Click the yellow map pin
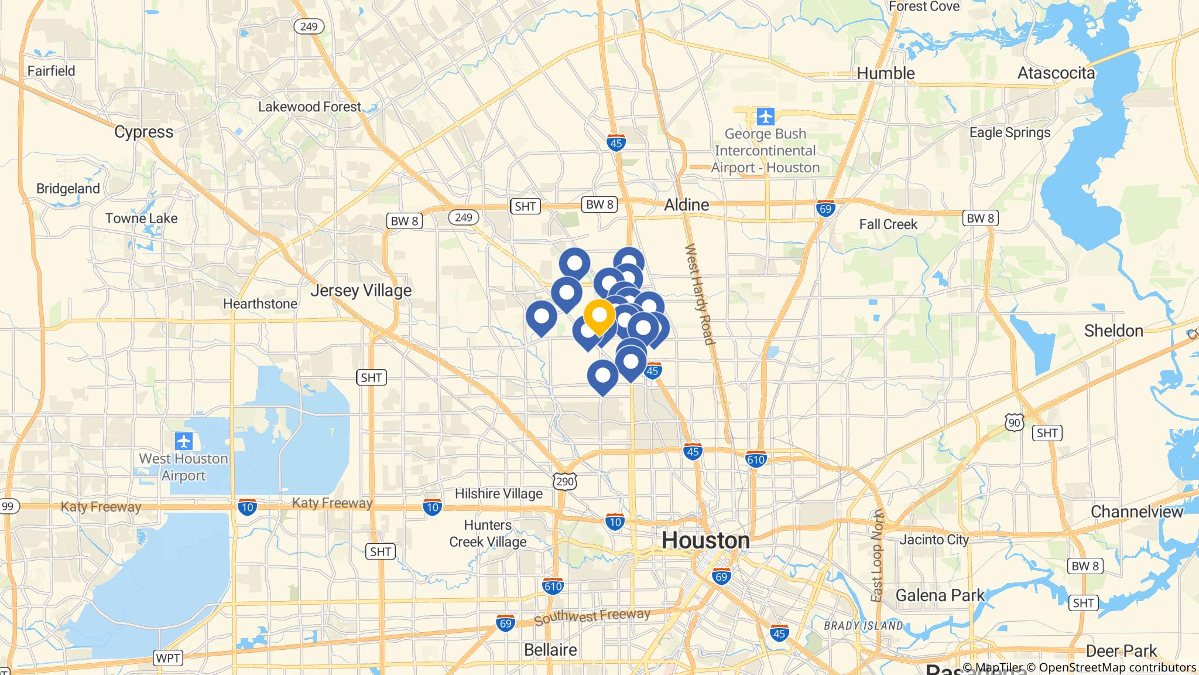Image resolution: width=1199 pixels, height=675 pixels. coord(599,316)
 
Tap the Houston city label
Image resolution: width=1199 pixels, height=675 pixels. coord(705,540)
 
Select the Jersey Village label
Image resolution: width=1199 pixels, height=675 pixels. coord(361,290)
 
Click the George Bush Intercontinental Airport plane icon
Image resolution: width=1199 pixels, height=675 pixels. coord(765,117)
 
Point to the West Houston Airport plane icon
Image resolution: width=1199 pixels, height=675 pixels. coord(184,441)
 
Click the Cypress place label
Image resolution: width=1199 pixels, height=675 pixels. coord(143,131)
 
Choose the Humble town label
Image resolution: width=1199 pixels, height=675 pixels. coord(885,73)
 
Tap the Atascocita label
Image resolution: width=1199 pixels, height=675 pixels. coord(1056,73)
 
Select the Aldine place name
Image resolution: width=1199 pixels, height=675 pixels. coord(686,204)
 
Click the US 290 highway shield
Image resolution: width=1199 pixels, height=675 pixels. coord(565,481)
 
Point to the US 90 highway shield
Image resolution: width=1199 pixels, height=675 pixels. coord(1015,422)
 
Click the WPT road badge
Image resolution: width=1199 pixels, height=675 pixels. coord(167,658)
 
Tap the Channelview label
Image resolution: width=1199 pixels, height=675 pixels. coord(1136,512)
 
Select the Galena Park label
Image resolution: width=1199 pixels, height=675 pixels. coord(940,595)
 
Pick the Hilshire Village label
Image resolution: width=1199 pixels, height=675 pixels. coord(498,493)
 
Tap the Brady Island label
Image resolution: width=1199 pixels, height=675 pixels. coord(863,625)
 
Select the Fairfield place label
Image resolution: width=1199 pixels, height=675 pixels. coord(52,71)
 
